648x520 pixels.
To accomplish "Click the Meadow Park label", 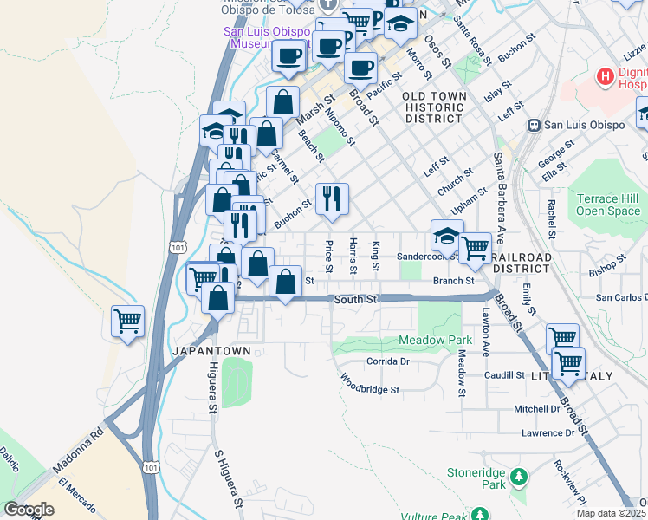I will tap(435, 340).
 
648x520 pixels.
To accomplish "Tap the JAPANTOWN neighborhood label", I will tap(212, 350).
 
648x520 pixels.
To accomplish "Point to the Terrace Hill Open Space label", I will tap(608, 205).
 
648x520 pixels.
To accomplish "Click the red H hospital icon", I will tap(606, 78).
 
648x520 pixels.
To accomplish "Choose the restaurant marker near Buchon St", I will tap(332, 200).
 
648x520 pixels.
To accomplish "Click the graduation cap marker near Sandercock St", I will tap(447, 237).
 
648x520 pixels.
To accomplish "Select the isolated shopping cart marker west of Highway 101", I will tap(128, 322).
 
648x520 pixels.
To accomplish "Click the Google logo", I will tap(29, 510).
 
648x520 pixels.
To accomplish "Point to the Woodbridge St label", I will tap(369, 384).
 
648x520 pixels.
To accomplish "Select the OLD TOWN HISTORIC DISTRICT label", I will tap(434, 107).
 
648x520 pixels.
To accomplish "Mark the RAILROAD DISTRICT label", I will tap(521, 263).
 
